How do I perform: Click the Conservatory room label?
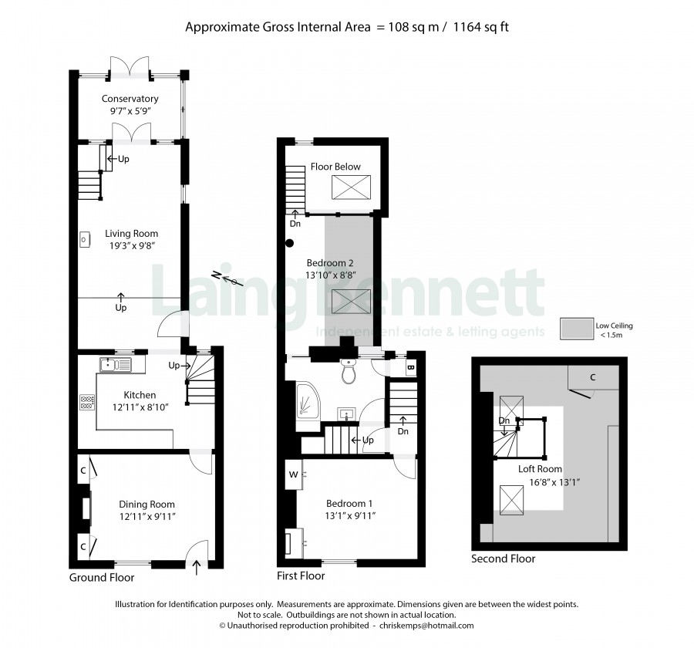tap(130, 98)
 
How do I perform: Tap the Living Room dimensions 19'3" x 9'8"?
tap(132, 245)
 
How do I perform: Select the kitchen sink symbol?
tap(116, 365)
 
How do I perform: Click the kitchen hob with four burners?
tap(87, 402)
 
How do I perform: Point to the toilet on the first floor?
tap(349, 370)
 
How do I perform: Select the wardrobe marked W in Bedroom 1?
tap(294, 474)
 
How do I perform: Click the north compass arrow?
tap(226, 278)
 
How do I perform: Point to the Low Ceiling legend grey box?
tap(577, 329)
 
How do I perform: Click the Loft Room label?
tap(540, 468)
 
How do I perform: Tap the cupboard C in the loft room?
tap(593, 377)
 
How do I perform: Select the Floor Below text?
tap(335, 167)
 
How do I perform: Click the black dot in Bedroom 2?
tap(289, 243)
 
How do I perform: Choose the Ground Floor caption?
tap(102, 578)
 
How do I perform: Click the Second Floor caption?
tap(504, 559)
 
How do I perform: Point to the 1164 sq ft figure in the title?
tap(481, 27)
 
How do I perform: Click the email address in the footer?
tap(426, 626)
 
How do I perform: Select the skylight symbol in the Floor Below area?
tap(352, 187)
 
